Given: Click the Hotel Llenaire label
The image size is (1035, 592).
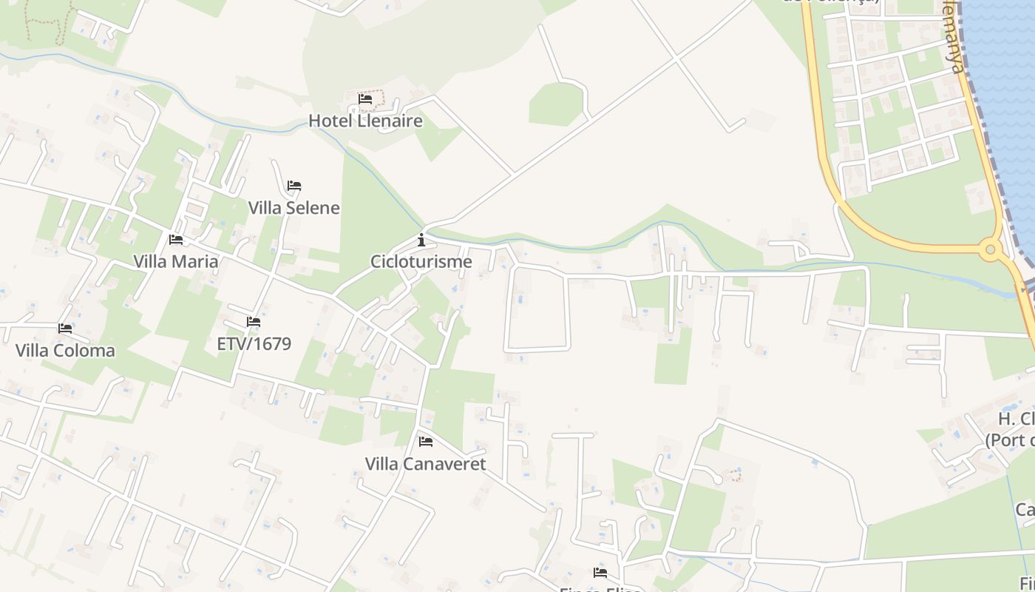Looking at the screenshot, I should coord(365,121).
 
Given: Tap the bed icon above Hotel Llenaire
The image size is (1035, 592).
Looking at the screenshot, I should coord(365,98).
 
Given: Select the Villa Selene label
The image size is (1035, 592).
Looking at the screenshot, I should coord(293,208).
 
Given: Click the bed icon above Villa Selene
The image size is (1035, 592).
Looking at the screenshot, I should coord(294,186).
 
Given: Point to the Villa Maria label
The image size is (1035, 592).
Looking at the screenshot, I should coord(176,261).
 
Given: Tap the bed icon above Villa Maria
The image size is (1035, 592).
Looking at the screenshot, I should coord(176,240).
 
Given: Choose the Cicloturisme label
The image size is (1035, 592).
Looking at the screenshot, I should coord(421,261).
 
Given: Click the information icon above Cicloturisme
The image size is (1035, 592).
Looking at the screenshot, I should coord(421,240).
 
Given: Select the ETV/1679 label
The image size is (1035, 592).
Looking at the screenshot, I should coord(254,344).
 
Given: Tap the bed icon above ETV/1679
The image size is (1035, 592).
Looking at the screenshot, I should coord(254,322).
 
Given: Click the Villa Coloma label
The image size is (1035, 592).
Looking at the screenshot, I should coord(65,351).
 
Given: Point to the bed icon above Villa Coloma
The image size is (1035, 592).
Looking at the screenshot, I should coord(65,329).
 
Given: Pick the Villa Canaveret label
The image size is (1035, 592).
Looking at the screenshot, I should coord(425,464).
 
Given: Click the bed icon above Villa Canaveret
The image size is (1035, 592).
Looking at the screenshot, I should coord(426,442).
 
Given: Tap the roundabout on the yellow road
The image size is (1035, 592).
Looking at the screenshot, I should coord(991,250).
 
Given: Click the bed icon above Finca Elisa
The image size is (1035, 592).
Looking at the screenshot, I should coord(600,573).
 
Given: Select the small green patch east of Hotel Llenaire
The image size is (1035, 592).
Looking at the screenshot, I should coord(556,104).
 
